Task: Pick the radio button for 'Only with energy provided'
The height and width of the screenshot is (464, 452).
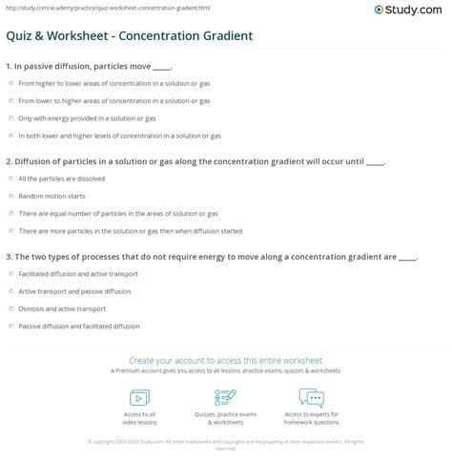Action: click(x=10, y=118)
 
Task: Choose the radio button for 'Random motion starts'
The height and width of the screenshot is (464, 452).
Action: click(x=10, y=196)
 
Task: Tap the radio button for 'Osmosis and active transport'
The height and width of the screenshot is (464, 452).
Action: click(x=10, y=308)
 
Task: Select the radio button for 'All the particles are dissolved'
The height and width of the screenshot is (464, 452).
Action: click(x=10, y=179)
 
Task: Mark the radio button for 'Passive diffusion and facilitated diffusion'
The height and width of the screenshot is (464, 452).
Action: click(x=10, y=326)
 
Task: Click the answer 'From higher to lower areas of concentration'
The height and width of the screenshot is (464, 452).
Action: click(x=113, y=84)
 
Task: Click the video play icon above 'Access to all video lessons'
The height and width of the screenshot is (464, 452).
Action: click(x=139, y=397)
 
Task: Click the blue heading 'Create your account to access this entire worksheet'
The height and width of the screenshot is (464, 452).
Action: click(x=225, y=360)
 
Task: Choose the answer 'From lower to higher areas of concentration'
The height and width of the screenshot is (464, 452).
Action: click(x=113, y=101)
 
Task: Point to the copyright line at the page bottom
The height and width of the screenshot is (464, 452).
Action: click(x=225, y=443)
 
